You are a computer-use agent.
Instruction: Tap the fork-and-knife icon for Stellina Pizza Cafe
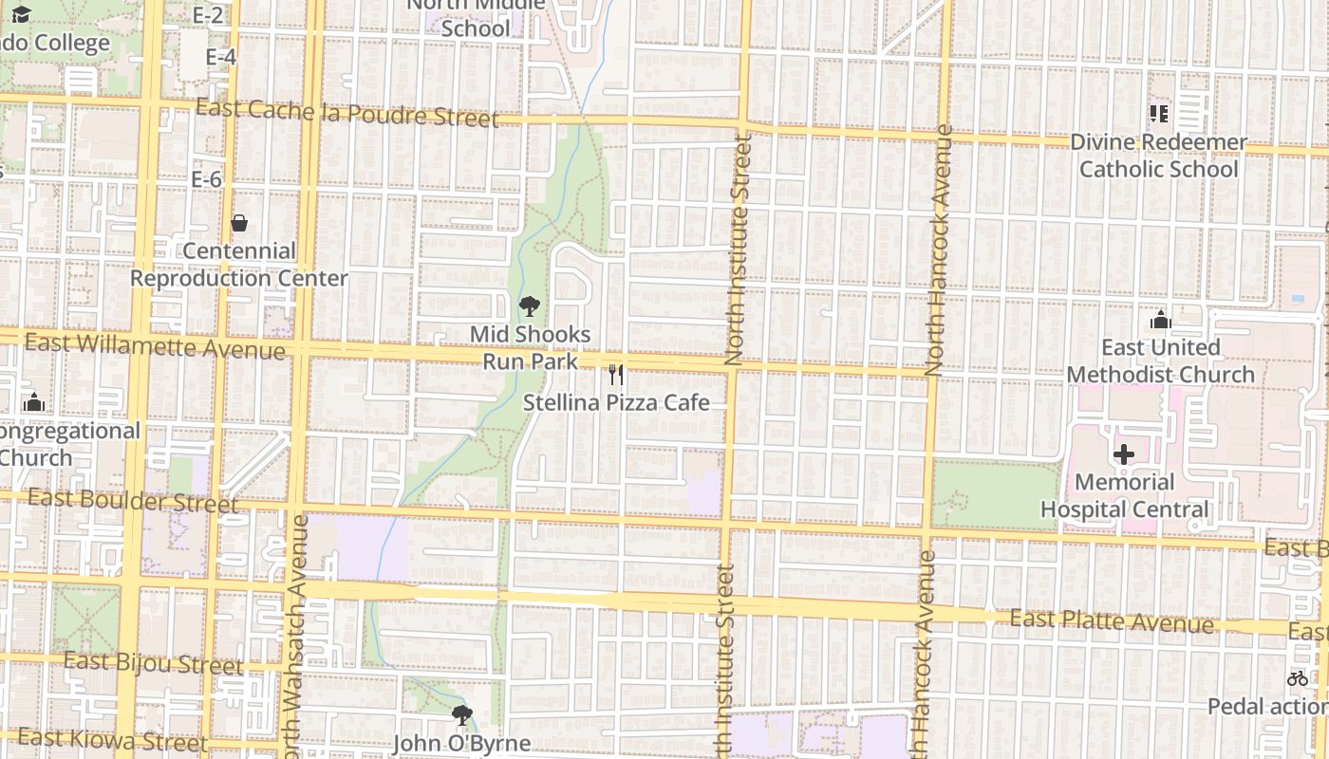tap(616, 375)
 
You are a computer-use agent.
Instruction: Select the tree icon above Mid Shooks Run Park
tap(530, 306)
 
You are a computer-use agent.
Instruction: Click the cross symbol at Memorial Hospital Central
tap(1124, 454)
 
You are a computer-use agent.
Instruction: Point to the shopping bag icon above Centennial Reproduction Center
tap(239, 223)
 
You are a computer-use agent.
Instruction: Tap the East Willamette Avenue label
tap(155, 346)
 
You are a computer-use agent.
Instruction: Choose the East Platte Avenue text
tap(1111, 621)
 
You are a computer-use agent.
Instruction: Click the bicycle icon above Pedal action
tap(1297, 678)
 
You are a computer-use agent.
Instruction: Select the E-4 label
tap(220, 58)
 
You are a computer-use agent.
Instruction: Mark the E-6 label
tap(206, 179)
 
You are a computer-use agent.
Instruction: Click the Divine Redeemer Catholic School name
tap(1158, 156)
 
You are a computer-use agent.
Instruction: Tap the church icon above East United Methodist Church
tap(1160, 321)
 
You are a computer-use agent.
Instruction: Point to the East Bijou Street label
tap(154, 663)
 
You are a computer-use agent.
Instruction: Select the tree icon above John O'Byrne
tap(461, 714)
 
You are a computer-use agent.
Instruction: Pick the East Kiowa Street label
tap(112, 739)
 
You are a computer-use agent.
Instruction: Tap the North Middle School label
tap(477, 16)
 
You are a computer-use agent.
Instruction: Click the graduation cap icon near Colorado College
tap(21, 14)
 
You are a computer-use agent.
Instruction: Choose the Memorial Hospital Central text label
tap(1125, 495)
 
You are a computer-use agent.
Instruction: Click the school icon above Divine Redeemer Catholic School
tap(1158, 114)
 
